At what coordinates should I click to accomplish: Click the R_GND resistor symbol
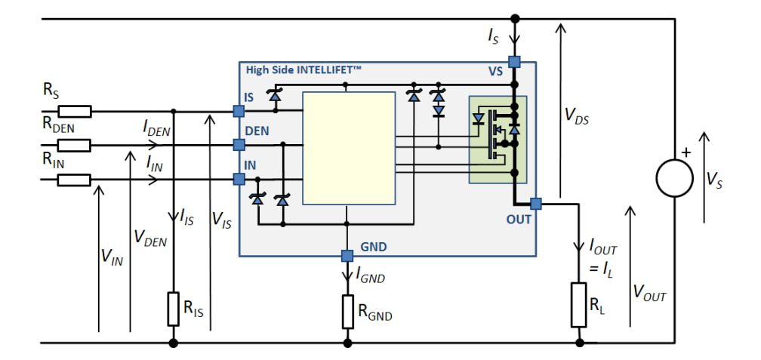[x=347, y=310]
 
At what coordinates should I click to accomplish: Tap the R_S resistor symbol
[x=74, y=112]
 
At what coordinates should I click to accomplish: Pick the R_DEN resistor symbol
[x=74, y=145]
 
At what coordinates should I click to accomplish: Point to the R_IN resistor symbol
[x=74, y=180]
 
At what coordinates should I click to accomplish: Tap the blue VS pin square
[x=514, y=62]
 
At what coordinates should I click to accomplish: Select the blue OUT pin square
[x=536, y=203]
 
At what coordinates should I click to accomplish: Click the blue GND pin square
[x=347, y=255]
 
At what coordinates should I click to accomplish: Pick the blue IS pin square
[x=239, y=112]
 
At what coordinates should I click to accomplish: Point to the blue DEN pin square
[x=239, y=145]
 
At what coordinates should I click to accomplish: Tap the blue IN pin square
[x=239, y=180]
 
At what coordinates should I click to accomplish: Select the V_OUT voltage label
[x=649, y=294]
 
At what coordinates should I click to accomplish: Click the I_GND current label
[x=370, y=277]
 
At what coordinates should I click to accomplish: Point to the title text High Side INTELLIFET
[x=303, y=70]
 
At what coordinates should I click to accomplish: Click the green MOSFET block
[x=498, y=140]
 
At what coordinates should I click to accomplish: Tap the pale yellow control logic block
[x=349, y=148]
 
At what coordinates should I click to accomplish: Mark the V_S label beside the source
[x=714, y=179]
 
